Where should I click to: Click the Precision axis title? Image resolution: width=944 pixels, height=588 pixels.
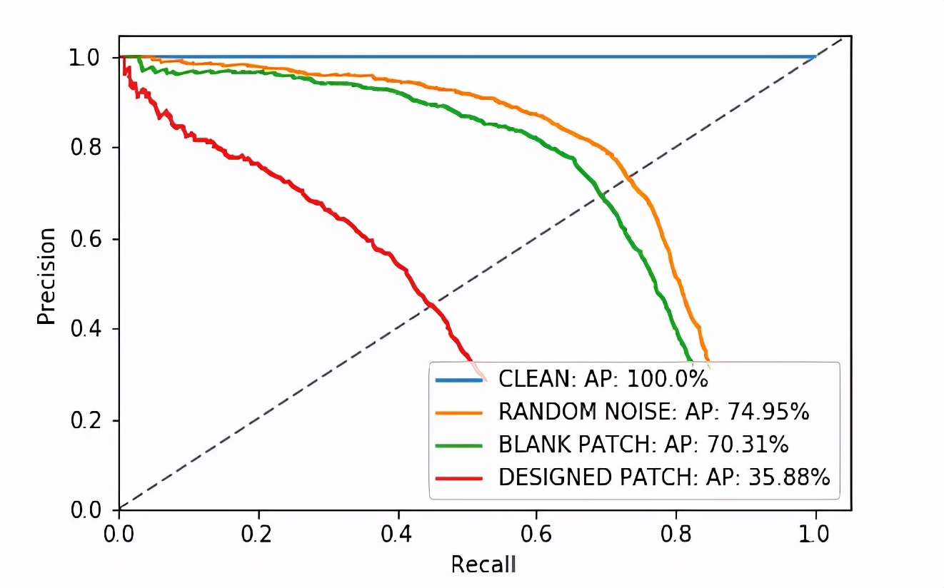click(46, 276)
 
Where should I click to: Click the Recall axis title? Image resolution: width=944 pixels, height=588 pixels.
click(483, 564)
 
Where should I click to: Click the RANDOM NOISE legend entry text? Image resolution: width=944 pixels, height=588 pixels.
click(653, 412)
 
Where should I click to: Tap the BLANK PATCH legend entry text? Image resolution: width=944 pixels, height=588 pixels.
click(643, 445)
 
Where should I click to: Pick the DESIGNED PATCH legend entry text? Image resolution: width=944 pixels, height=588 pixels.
click(664, 477)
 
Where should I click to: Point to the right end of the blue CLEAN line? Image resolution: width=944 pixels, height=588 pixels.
click(815, 57)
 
